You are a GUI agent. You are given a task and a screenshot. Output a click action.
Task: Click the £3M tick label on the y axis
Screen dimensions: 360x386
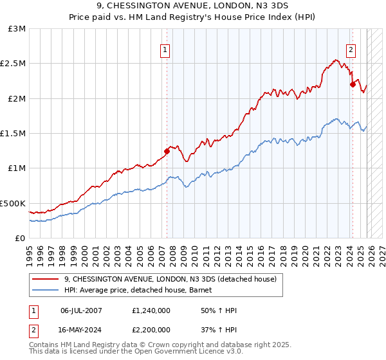[17, 29]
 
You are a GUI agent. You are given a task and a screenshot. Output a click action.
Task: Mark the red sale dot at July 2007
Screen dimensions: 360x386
[167, 152]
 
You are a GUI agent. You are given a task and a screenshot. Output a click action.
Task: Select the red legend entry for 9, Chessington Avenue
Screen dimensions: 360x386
[170, 279]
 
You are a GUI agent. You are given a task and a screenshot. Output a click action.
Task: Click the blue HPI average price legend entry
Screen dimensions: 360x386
[142, 290]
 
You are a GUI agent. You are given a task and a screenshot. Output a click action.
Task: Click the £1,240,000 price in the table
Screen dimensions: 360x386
[151, 310]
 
